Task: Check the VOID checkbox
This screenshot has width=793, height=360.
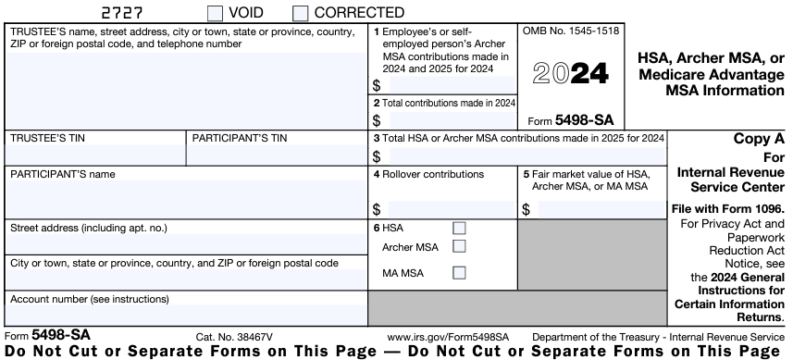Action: point(215,13)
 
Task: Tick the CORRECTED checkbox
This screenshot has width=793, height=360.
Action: point(300,13)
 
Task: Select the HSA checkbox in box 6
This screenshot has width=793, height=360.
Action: point(459,228)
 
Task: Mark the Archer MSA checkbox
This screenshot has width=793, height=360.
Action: point(459,246)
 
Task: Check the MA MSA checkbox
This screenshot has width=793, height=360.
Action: point(459,273)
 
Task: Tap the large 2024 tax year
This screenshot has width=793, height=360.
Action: point(572,73)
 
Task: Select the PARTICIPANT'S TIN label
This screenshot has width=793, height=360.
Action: point(239,138)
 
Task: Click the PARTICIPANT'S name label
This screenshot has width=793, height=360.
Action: point(62,173)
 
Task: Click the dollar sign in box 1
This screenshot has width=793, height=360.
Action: point(377,85)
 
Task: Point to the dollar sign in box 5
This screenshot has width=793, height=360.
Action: point(526,210)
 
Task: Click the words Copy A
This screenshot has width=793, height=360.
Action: point(758,139)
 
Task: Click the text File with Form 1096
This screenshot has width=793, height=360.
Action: point(728,208)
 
